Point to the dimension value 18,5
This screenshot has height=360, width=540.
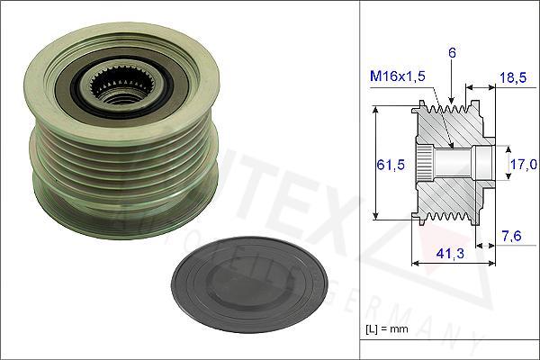coord(511,79)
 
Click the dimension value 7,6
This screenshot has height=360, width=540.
coord(510,236)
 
